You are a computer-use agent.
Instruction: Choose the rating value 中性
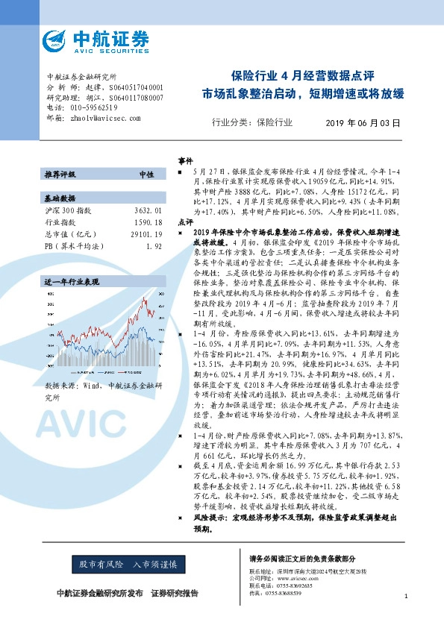click(x=146, y=174)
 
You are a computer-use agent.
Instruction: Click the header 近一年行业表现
click(x=71, y=283)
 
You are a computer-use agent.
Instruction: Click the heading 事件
click(x=184, y=160)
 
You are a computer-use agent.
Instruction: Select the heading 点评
click(x=184, y=222)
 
